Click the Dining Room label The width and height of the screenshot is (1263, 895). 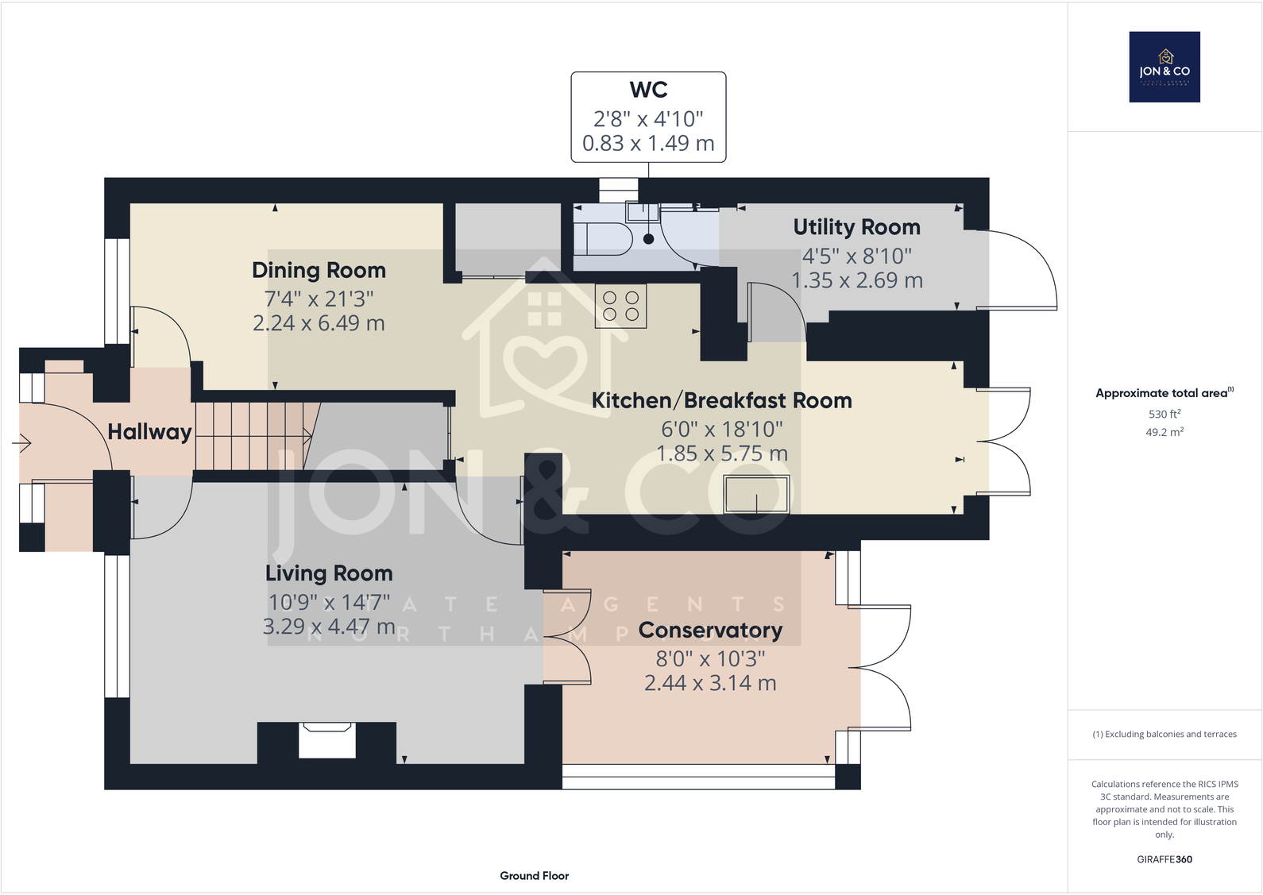tap(319, 270)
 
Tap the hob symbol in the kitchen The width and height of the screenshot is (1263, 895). tap(620, 306)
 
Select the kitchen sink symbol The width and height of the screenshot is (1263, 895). tap(756, 495)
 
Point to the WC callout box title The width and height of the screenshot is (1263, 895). tap(648, 90)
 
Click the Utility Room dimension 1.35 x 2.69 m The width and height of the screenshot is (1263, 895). tap(856, 280)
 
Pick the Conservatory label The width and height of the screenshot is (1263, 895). tap(710, 630)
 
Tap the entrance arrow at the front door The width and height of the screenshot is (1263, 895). tap(21, 442)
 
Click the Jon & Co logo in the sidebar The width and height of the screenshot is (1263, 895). tap(1165, 67)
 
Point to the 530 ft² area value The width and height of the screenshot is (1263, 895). tap(1164, 414)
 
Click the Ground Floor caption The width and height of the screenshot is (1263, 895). tap(534, 875)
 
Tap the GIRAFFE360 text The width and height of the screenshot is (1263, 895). tap(1164, 858)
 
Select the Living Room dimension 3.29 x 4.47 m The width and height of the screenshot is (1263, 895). tap(329, 627)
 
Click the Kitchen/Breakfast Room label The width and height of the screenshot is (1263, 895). tap(721, 400)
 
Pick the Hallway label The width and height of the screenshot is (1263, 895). tap(149, 432)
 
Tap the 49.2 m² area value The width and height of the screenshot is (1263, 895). tap(1164, 432)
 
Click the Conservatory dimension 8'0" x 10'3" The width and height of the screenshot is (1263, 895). tap(710, 658)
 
